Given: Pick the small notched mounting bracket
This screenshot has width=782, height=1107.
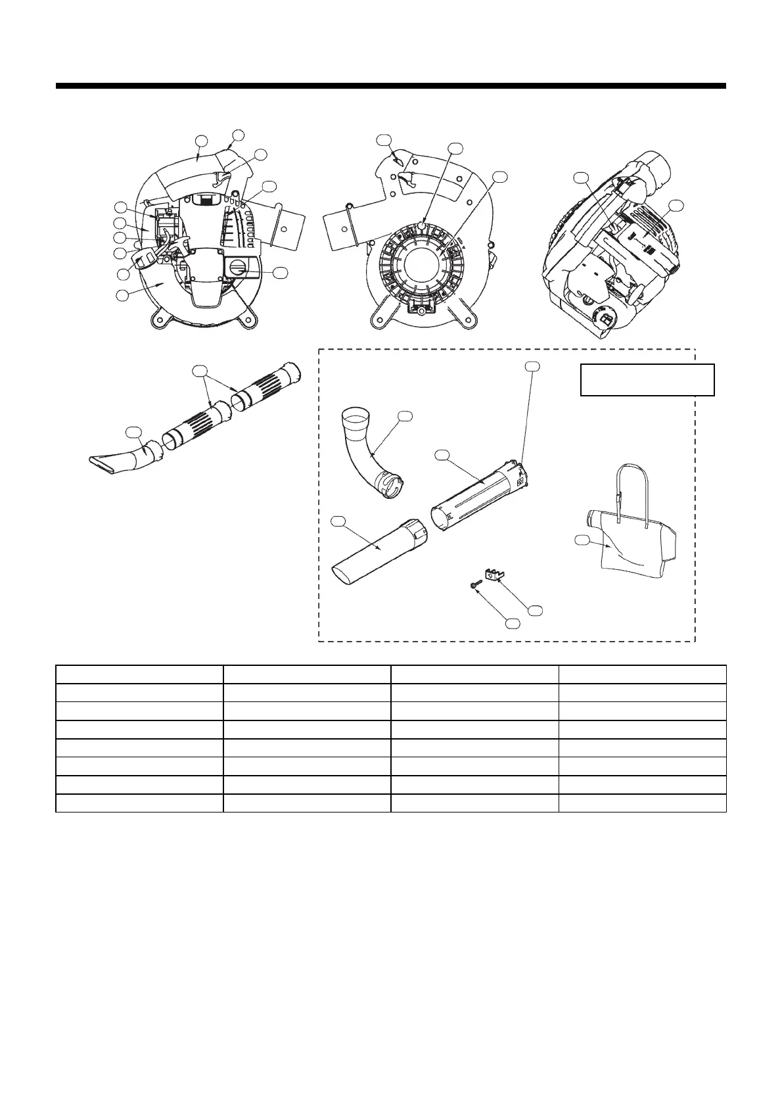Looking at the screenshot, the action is pos(494,575).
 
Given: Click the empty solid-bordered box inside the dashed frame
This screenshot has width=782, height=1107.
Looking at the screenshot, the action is pos(647,379).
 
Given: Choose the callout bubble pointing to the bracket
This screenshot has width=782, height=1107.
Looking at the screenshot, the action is pos(536,610).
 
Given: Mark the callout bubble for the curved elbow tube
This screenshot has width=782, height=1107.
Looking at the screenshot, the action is pos(405,415).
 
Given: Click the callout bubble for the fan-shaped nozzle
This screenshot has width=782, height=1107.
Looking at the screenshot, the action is pos(133,431).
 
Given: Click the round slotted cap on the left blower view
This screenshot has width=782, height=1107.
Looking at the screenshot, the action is pos(239,268).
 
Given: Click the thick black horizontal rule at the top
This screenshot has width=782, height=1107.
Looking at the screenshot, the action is pos(390,85).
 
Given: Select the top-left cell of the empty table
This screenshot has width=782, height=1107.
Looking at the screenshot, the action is pos(139,674).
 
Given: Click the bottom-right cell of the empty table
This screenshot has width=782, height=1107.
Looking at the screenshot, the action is pos(642,803).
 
